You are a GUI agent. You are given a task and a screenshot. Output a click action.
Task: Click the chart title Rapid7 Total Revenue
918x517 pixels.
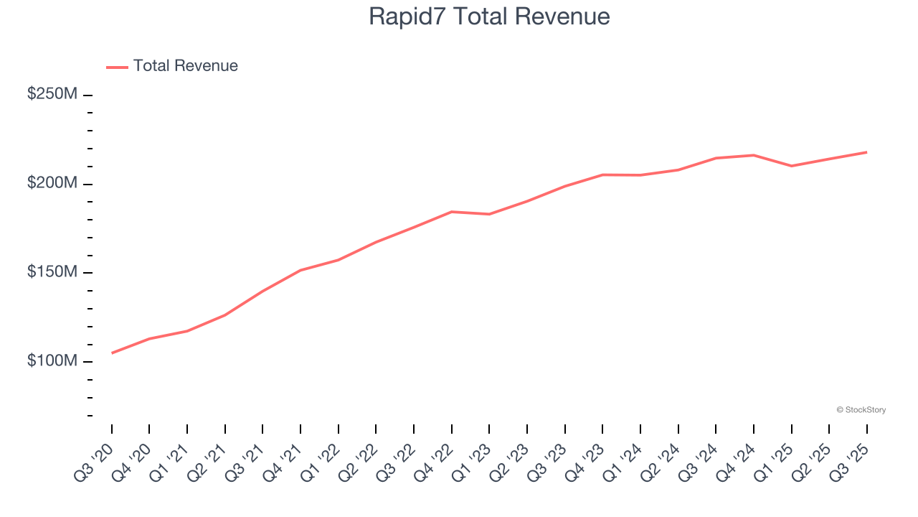coord(489,16)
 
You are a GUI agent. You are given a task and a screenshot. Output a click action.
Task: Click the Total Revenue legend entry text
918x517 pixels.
coord(185,66)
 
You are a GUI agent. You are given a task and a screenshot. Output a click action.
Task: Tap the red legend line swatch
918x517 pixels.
coord(117,67)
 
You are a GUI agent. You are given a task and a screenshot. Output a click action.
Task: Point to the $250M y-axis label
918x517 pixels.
coord(52,94)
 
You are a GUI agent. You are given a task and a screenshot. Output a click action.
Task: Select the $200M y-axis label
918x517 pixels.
coord(52,183)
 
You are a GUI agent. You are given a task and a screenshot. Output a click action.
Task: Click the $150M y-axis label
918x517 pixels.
coord(52,272)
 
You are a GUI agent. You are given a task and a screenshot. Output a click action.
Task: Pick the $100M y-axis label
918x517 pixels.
coord(52,360)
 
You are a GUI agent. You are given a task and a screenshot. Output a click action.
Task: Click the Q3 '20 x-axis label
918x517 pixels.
coord(94,462)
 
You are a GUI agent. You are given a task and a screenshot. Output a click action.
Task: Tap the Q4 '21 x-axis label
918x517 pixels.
coord(283,462)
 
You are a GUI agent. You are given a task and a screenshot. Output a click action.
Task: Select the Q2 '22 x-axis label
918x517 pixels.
coord(358,462)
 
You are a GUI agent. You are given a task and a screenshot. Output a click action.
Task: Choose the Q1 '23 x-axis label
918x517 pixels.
coord(471,462)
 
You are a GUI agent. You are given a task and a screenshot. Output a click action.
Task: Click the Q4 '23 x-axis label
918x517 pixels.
coord(585,462)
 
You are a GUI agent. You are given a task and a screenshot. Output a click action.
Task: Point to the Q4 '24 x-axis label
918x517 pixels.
coord(736,462)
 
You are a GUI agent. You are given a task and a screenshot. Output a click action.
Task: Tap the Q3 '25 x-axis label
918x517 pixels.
coord(849,462)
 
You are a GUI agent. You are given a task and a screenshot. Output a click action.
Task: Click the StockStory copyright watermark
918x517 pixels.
coord(861,410)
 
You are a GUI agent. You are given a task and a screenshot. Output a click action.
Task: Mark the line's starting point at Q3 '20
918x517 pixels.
coord(112,353)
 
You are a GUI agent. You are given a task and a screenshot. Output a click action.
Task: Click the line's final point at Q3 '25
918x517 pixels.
coord(866,152)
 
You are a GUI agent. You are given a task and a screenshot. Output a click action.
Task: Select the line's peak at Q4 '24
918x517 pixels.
coord(753,155)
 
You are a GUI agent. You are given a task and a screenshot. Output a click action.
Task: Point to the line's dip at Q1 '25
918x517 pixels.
coord(791,166)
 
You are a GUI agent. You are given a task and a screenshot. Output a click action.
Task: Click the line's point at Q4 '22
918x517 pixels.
coord(451,212)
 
